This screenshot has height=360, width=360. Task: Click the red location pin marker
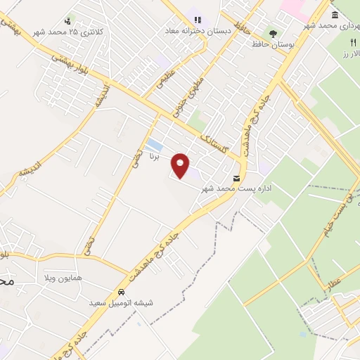(x=181, y=165)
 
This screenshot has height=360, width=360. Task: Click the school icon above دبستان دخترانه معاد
(x=198, y=20)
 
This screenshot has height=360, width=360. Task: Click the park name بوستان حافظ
(x=273, y=44)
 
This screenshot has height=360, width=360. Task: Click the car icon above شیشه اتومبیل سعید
(x=121, y=291)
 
